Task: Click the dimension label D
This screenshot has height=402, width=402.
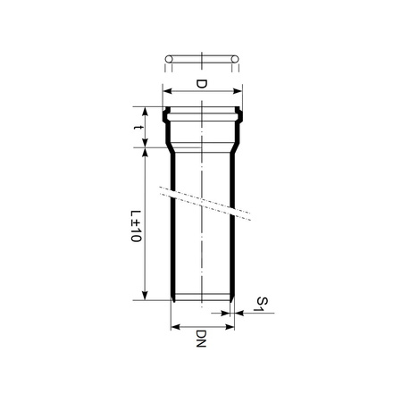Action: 201,85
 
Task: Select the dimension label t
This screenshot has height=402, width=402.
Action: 137,129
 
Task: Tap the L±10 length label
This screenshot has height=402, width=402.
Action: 137,225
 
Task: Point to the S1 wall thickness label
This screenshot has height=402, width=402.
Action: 260,304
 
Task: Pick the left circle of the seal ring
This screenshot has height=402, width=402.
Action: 168,61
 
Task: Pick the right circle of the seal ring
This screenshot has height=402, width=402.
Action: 235,61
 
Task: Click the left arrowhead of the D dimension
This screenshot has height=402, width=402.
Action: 166,89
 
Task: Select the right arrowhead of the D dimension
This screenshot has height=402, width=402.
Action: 239,89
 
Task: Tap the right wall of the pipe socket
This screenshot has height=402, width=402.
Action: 238,130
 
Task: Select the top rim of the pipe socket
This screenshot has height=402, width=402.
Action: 203,106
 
